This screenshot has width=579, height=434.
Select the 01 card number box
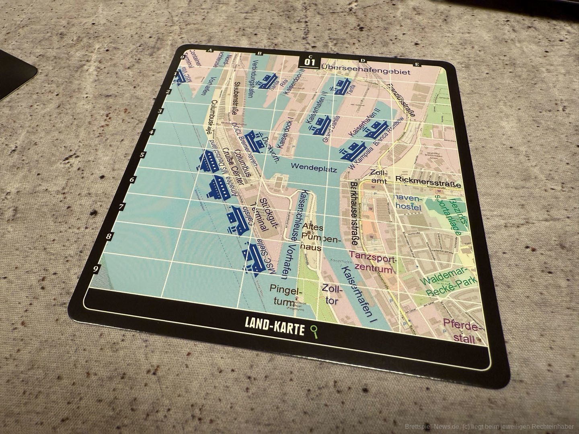310,62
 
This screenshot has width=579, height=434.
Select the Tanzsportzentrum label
373,262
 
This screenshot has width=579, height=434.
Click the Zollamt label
379,177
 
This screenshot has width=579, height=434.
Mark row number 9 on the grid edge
96,270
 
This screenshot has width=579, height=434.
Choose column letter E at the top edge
417,64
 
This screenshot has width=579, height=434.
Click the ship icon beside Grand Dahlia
318,124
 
